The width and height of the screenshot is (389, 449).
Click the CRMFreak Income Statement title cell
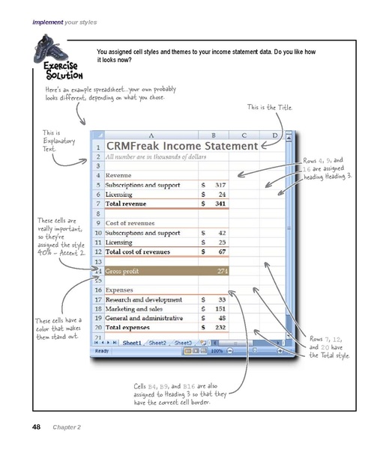tap(182, 147)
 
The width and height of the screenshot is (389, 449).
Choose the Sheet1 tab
tap(132, 342)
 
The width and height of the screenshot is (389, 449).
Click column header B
tap(213, 135)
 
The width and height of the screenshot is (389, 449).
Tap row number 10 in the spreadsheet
tap(97, 233)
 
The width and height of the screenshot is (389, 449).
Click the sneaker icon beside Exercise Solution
tap(48, 52)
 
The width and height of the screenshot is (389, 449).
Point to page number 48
tap(35, 427)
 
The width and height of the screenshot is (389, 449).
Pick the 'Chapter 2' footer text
tap(67, 427)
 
